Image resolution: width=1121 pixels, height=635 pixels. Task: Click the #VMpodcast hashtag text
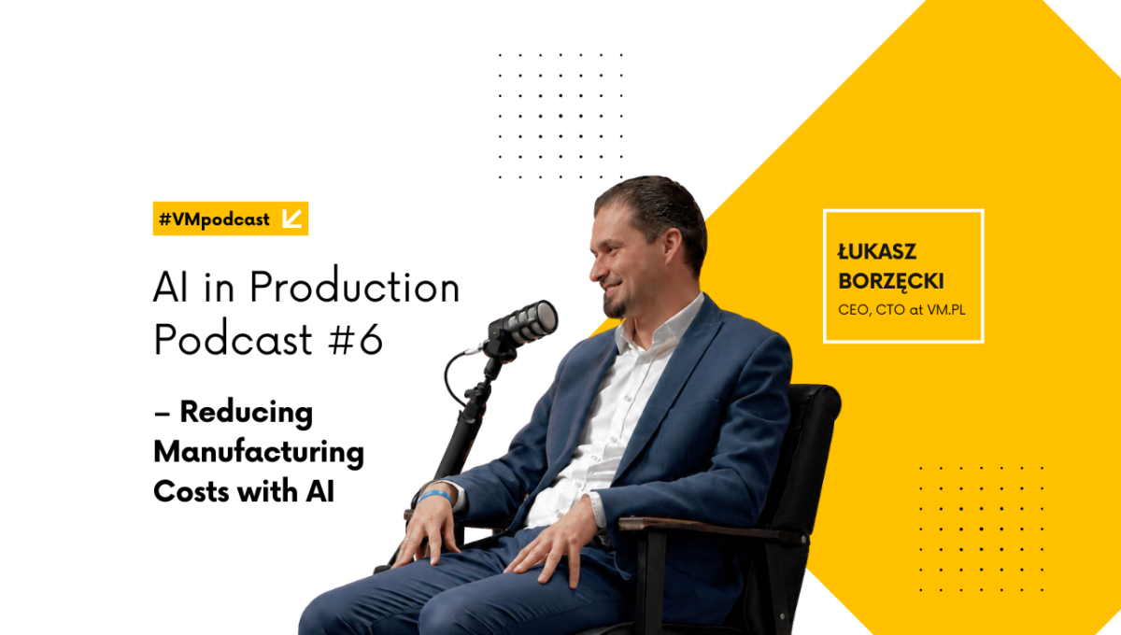click(x=214, y=219)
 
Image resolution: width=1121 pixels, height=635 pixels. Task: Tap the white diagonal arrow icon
click(x=291, y=219)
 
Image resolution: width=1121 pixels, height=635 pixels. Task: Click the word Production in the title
click(x=354, y=287)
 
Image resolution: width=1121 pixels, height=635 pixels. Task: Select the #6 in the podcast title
click(x=355, y=339)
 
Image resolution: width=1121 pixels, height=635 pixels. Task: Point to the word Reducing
click(x=247, y=414)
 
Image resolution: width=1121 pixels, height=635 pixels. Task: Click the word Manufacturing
click(x=259, y=453)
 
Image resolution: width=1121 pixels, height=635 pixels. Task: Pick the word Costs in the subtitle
click(x=192, y=491)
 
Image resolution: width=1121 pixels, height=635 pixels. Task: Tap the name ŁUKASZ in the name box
click(x=877, y=252)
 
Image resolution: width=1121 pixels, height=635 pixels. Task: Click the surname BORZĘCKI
click(x=891, y=282)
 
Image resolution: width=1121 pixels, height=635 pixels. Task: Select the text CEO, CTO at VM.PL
click(x=901, y=310)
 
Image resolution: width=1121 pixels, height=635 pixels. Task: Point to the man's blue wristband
click(x=434, y=496)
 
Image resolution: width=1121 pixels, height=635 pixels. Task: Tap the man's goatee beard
click(x=614, y=306)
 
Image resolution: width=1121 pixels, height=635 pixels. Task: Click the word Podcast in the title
click(x=234, y=339)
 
